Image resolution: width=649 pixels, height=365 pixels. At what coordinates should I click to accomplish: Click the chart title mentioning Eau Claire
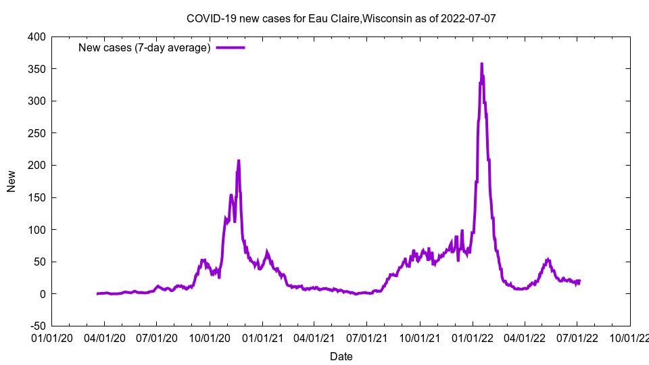tap(341, 18)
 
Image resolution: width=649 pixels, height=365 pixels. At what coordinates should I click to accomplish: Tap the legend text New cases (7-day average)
tap(144, 47)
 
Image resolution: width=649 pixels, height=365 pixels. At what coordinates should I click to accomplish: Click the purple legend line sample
tap(231, 47)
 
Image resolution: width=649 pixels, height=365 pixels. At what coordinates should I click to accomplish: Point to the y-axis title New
tap(11, 181)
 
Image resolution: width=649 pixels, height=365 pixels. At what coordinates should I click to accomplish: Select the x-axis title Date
tap(341, 356)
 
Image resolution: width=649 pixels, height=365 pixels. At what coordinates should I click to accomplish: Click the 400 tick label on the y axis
tap(37, 36)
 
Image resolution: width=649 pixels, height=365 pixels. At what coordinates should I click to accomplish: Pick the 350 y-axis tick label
tap(37, 69)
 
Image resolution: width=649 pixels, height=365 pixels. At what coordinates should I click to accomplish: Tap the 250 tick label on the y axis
tap(37, 133)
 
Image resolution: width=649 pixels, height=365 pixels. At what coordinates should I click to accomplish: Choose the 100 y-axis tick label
tap(37, 230)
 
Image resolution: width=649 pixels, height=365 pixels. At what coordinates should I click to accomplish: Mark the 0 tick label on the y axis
tap(43, 294)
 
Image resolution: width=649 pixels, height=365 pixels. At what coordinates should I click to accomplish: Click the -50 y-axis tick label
tap(37, 326)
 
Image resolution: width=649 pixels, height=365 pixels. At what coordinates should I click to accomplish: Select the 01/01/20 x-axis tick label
tap(51, 337)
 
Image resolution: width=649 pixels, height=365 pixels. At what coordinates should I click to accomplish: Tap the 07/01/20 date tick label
tap(157, 337)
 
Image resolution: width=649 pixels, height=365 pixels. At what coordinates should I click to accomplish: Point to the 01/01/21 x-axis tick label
tap(262, 337)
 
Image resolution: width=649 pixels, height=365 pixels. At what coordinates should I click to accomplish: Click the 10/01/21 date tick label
tap(420, 337)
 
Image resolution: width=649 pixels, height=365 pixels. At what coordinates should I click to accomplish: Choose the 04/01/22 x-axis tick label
tap(525, 337)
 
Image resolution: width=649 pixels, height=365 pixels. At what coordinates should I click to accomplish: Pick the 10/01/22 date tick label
tap(630, 337)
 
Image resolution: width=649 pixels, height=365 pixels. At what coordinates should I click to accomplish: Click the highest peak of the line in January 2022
tap(481, 64)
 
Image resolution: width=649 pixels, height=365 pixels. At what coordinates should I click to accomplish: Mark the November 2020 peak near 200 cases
tap(239, 161)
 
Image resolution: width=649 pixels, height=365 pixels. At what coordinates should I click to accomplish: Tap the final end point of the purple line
tap(579, 281)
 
